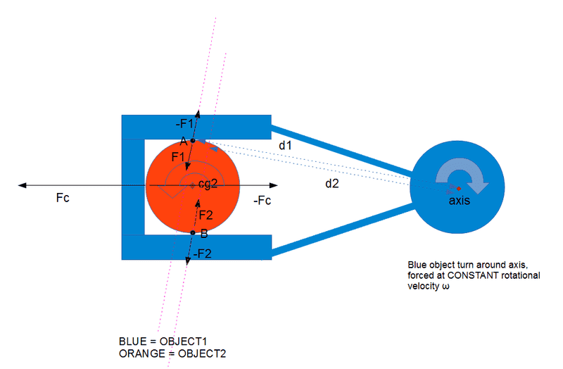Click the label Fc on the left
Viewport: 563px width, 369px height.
tap(62, 199)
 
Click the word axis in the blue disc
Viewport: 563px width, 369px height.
tap(460, 200)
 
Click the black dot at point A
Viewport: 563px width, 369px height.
tap(193, 141)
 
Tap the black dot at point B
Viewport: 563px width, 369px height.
tap(192, 232)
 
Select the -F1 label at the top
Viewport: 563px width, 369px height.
tap(184, 125)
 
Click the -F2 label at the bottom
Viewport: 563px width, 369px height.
tap(201, 254)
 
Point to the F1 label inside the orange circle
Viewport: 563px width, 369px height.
tap(179, 156)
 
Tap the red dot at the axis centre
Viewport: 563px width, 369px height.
tap(458, 189)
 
